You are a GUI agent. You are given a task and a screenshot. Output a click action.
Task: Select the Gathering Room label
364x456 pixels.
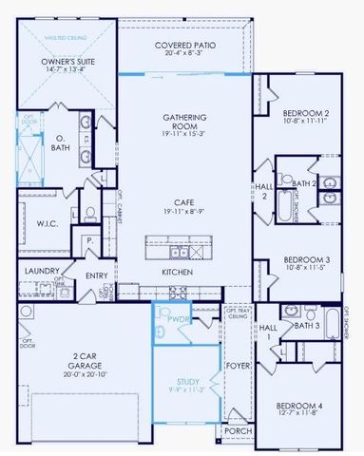coord(184,123)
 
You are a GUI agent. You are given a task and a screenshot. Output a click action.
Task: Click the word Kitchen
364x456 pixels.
coord(178,272)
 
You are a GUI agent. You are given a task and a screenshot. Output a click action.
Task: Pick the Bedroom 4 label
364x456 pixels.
coord(293,405)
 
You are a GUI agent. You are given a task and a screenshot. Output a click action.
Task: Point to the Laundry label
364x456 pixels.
coord(37,271)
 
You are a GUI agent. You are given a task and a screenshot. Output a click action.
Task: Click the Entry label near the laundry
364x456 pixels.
coord(97,276)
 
